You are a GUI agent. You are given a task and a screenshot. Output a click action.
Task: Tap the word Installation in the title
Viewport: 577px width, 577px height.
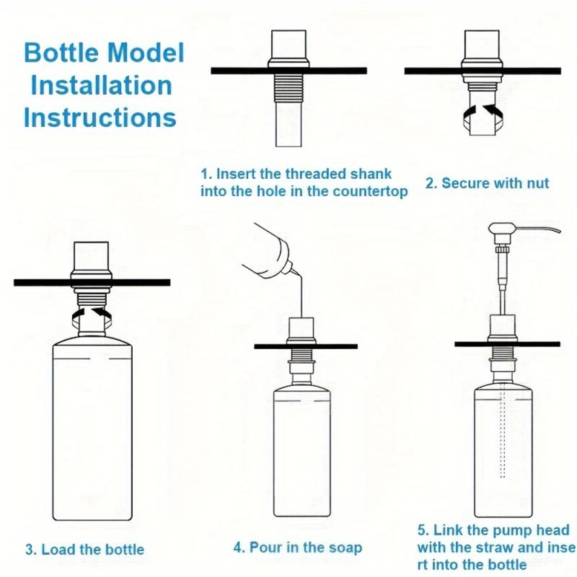(x=100, y=85)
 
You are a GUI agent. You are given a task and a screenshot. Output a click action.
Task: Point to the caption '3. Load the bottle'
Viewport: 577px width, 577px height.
(x=84, y=550)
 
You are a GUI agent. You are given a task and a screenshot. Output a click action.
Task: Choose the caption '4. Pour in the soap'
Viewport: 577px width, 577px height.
(x=297, y=547)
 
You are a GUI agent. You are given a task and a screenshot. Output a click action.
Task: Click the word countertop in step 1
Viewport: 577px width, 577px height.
(x=371, y=191)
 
